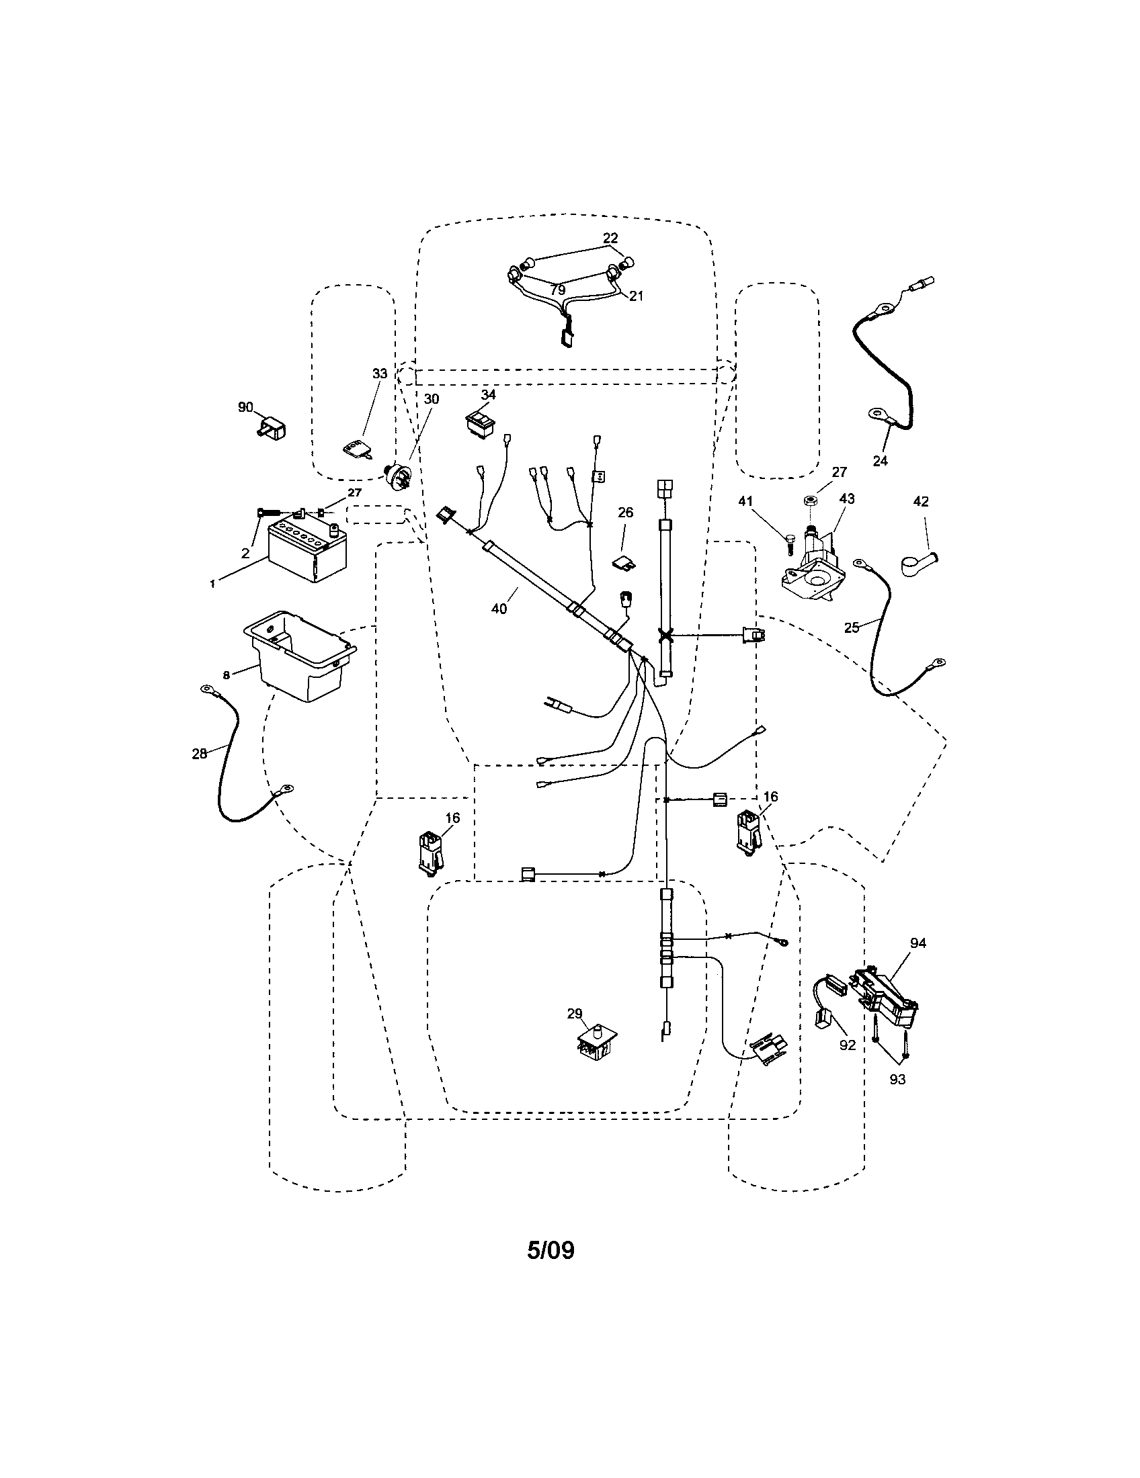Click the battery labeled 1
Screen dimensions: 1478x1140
point(308,550)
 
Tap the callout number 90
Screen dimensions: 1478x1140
point(245,406)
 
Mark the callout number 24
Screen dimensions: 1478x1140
point(880,461)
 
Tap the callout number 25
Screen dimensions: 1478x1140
point(852,627)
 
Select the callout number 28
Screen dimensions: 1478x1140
point(199,753)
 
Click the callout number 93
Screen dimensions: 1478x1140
point(897,1080)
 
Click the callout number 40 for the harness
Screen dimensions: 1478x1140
point(499,609)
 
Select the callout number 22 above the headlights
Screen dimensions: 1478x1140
point(610,238)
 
